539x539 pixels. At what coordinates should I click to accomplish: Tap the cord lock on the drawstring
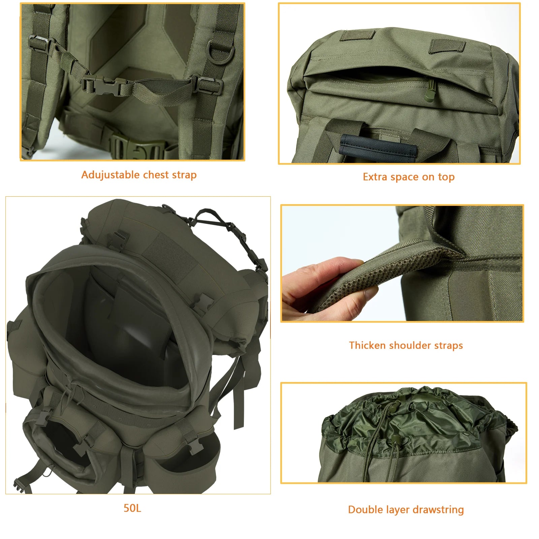pos(395,439)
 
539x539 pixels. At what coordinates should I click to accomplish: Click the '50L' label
pos(132,508)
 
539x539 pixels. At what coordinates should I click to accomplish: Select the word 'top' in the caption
pos(446,177)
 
